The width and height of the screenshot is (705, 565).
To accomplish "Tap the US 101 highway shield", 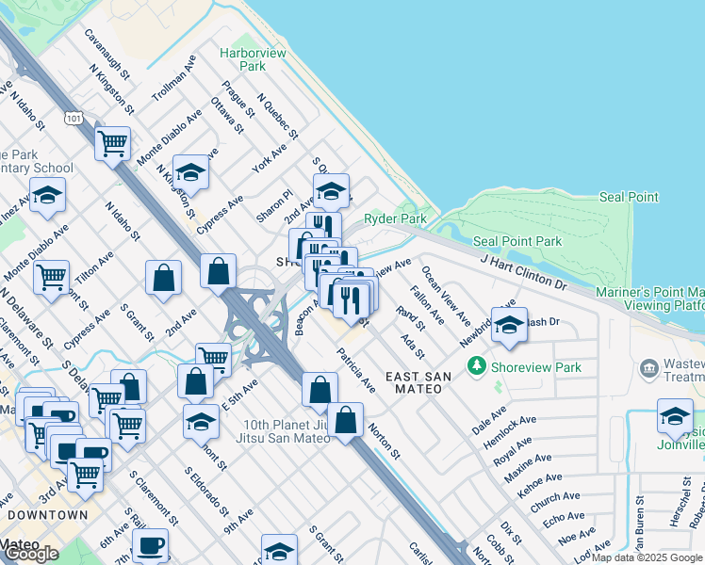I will click(73, 117).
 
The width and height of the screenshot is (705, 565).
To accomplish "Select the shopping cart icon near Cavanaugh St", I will click(112, 144).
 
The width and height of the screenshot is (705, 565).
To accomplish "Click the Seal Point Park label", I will click(516, 242).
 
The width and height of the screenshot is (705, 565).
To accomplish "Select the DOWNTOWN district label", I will click(47, 515).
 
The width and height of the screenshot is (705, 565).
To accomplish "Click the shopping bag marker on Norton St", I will click(346, 420).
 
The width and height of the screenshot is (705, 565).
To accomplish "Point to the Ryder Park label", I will click(401, 218).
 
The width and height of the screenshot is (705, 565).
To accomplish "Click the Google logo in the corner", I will click(31, 553).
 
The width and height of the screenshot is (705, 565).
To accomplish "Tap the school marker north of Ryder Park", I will click(331, 190).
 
